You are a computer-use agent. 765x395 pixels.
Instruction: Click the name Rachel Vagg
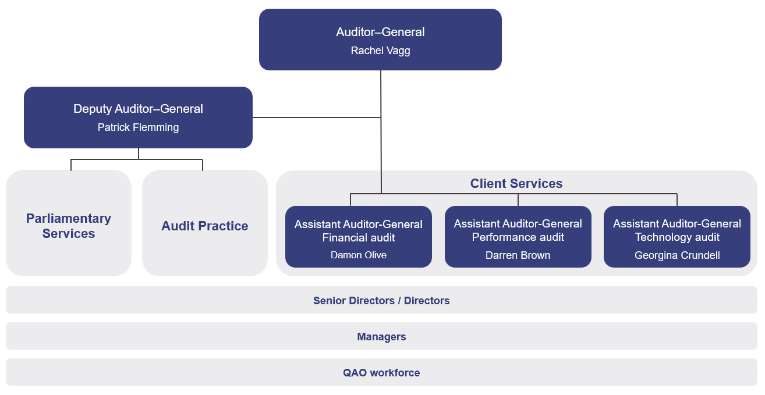380,51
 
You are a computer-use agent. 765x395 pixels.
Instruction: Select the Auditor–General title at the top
380,32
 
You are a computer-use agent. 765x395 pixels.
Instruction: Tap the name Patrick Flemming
138,127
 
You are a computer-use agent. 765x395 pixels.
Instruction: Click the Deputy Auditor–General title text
138,109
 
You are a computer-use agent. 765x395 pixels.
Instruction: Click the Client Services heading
516,184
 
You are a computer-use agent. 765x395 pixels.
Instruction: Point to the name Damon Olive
358,255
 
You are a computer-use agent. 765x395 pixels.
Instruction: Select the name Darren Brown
518,255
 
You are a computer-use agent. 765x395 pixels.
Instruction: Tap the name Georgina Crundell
677,255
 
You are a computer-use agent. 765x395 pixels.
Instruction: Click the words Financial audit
358,237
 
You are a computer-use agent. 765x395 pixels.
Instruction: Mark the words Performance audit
518,237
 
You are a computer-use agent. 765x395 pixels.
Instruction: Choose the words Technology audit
677,237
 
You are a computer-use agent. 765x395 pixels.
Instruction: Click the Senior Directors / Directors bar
381,301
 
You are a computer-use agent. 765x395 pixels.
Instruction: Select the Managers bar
381,337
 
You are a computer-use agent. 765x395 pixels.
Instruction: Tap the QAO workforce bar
381,373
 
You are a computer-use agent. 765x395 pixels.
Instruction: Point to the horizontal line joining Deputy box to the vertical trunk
317,118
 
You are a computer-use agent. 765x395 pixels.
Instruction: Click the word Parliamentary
69,219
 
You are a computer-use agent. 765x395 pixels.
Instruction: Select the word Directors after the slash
427,301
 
